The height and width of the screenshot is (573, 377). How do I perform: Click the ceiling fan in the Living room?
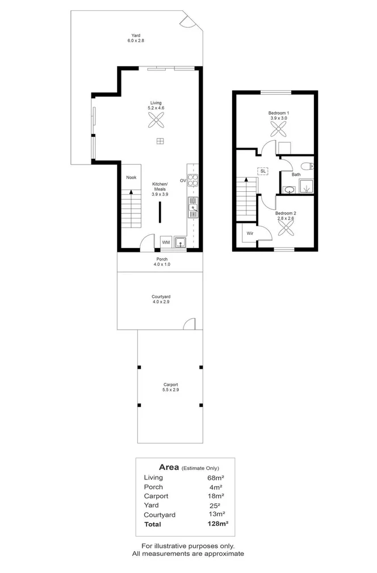pyautogui.click(x=156, y=120)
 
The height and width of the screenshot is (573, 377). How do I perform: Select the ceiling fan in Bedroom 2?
pyautogui.click(x=286, y=229)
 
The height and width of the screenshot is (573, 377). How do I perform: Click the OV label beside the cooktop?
pyautogui.click(x=183, y=180)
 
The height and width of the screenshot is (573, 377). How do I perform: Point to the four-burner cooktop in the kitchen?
pyautogui.click(x=193, y=180)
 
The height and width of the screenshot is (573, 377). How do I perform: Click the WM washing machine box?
pyautogui.click(x=166, y=242)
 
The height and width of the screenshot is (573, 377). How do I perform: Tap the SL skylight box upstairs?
pyautogui.click(x=263, y=170)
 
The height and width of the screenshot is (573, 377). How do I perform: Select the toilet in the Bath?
pyautogui.click(x=307, y=166)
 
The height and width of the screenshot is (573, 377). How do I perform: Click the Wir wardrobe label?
pyautogui.click(x=249, y=233)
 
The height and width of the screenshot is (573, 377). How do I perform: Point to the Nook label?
pyautogui.click(x=131, y=178)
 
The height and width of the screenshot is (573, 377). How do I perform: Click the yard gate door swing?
pyautogui.click(x=187, y=21)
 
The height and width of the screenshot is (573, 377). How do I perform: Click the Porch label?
pyautogui.click(x=162, y=259)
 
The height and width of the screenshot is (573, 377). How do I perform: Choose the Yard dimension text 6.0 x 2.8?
pyautogui.click(x=136, y=41)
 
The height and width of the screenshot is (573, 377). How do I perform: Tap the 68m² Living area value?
pyautogui.click(x=215, y=478)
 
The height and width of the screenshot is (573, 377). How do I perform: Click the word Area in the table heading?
pyautogui.click(x=169, y=467)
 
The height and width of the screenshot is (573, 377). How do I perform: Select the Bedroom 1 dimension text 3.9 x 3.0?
pyautogui.click(x=279, y=118)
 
